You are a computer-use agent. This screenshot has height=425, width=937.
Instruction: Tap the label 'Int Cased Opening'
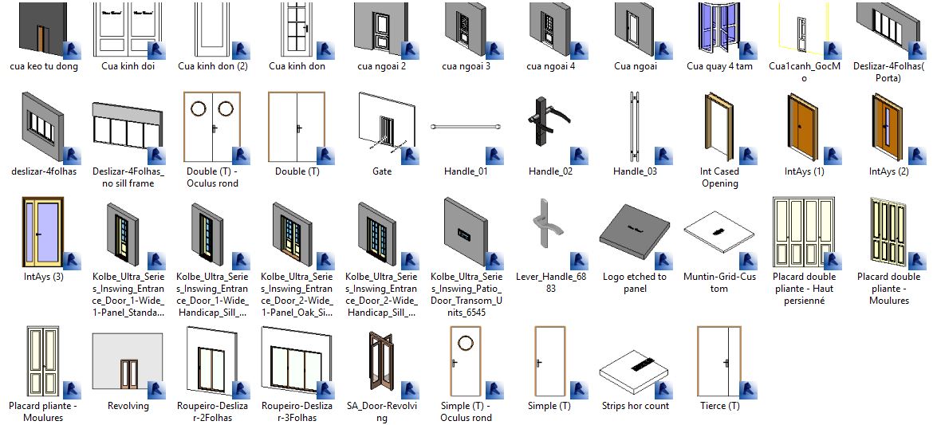click(x=719, y=177)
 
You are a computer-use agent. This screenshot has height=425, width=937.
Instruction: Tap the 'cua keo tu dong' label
click(x=44, y=66)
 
